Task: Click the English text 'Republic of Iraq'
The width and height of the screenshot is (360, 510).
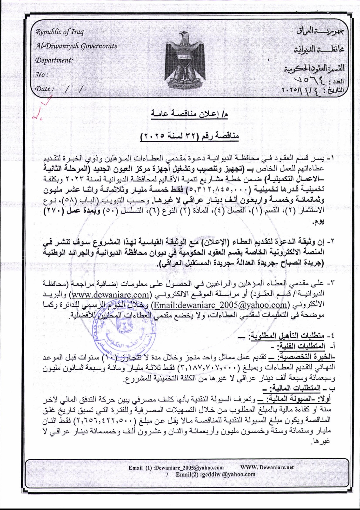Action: tap(59, 32)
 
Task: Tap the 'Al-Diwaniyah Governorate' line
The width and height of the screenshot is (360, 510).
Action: tap(76, 46)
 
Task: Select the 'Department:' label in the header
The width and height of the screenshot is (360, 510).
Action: tap(54, 60)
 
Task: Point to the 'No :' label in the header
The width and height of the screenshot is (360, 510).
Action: tap(42, 74)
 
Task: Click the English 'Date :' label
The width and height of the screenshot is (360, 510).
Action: tap(44, 89)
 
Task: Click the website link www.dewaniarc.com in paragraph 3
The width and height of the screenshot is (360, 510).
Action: tap(110, 295)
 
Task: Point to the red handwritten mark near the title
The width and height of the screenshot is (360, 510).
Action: tap(41, 110)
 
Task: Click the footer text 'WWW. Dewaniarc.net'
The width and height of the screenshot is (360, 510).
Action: tap(267, 467)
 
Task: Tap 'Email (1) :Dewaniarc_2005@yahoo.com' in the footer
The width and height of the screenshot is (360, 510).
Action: tap(176, 468)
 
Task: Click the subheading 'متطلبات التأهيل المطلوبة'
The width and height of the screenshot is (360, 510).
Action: tap(287, 336)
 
